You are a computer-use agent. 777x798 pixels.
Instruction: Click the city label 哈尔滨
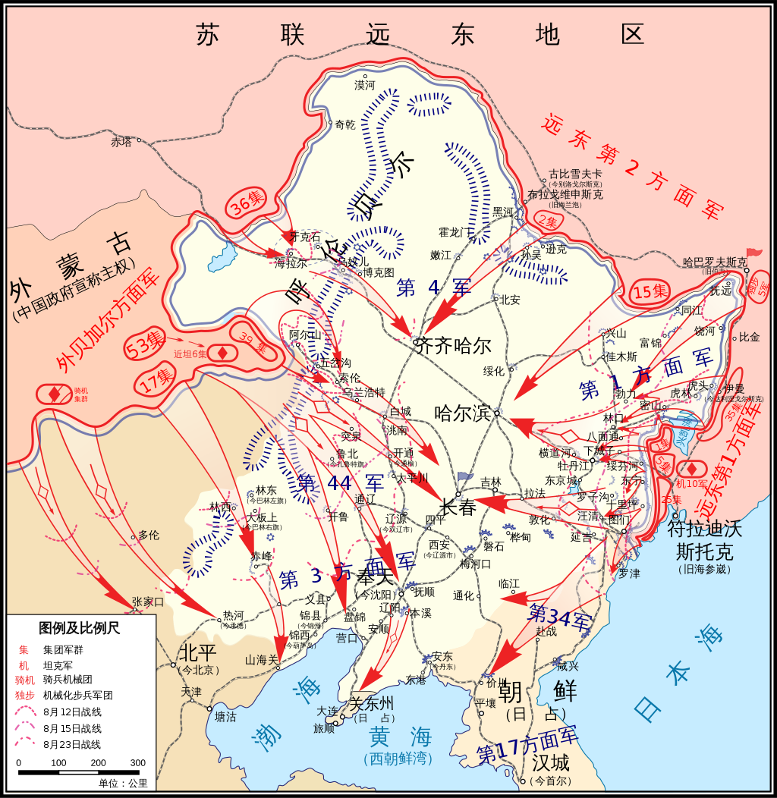[463, 413]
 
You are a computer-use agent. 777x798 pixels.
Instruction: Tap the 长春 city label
[458, 507]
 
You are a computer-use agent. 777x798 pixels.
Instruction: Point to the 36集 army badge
[247, 203]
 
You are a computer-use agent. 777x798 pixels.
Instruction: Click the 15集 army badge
[650, 291]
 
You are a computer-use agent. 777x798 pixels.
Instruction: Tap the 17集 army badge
[156, 377]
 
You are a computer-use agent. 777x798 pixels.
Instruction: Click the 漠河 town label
[364, 85]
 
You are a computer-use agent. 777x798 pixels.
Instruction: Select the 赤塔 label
[121, 142]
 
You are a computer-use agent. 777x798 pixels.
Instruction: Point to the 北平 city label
[197, 652]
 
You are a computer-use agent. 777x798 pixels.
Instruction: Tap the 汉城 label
[550, 762]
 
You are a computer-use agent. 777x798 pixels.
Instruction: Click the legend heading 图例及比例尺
[79, 628]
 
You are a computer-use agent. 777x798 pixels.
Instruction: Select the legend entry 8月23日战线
[72, 745]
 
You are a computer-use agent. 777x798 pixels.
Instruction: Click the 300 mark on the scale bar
[137, 763]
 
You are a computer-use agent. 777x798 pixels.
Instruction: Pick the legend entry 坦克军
[58, 665]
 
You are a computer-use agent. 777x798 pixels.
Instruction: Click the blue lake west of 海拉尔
[222, 256]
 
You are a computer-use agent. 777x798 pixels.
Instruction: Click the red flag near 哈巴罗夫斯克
[753, 252]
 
